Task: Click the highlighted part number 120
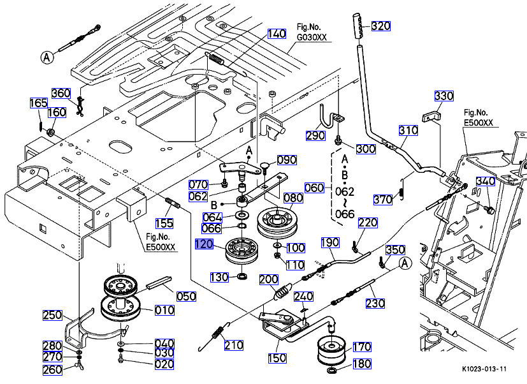(205, 244)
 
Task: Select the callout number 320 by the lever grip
(381, 26)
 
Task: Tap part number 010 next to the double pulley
(164, 310)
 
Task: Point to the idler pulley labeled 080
(277, 223)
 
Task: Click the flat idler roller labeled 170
(332, 351)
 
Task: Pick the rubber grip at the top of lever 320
(359, 29)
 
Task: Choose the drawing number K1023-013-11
(484, 369)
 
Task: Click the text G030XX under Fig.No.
(312, 37)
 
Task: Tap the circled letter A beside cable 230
(405, 263)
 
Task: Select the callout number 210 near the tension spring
(234, 345)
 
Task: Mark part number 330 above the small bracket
(444, 96)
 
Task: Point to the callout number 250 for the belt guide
(52, 315)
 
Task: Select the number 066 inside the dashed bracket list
(345, 214)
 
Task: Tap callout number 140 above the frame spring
(277, 34)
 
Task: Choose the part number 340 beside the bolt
(486, 181)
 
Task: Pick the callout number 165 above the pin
(39, 103)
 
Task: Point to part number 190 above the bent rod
(330, 242)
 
